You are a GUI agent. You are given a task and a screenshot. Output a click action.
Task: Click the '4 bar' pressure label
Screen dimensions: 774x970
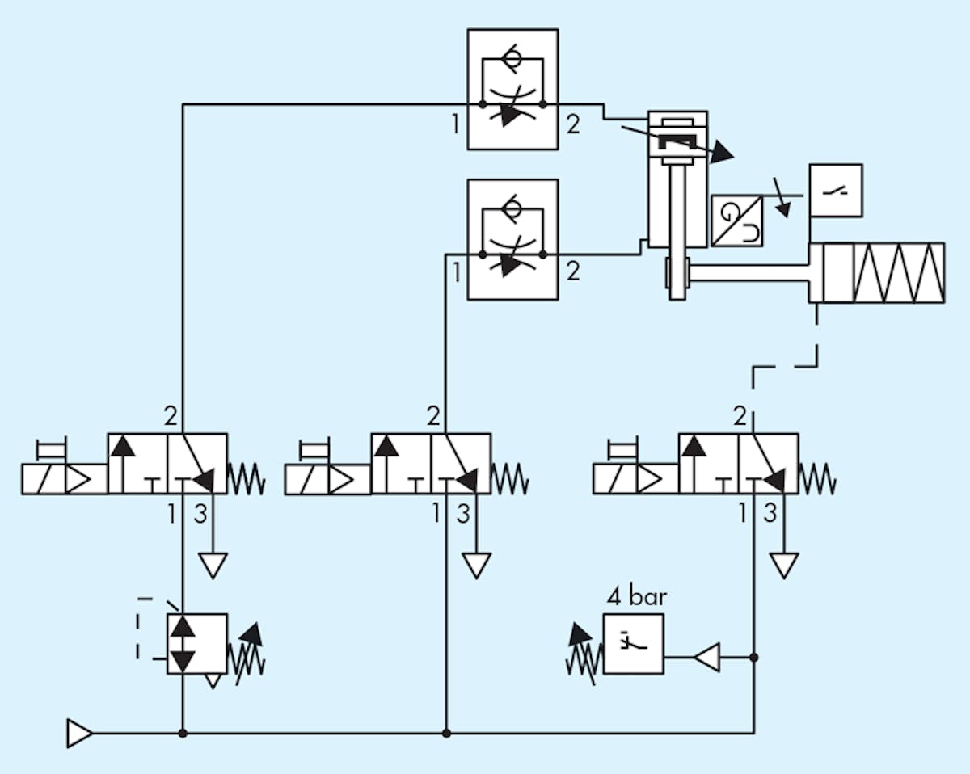click(638, 599)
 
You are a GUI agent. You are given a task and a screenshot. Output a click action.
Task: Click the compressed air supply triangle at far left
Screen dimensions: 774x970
click(79, 734)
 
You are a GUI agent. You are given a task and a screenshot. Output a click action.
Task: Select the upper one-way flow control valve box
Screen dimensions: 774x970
click(512, 90)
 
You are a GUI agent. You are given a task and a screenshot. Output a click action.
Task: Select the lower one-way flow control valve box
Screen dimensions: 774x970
click(512, 240)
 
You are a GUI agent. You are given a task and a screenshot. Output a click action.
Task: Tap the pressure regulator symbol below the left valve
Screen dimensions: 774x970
click(196, 644)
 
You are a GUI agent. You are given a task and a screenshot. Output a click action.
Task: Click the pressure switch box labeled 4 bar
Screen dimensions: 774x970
click(633, 644)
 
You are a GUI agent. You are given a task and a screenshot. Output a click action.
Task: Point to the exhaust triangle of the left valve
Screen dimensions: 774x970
click(213, 565)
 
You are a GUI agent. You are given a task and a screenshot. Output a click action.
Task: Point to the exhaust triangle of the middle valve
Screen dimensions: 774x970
click(477, 565)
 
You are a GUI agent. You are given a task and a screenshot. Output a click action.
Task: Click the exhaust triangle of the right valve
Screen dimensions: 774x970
click(784, 565)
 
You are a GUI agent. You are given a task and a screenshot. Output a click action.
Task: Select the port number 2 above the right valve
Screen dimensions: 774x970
click(740, 417)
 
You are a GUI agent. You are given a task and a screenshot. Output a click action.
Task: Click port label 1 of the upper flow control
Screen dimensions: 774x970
click(456, 124)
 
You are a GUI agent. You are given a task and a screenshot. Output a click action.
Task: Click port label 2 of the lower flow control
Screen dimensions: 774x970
click(572, 271)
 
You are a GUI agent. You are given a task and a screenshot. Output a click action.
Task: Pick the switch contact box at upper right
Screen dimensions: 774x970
click(836, 191)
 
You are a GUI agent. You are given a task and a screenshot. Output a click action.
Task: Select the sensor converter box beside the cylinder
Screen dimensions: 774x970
click(736, 221)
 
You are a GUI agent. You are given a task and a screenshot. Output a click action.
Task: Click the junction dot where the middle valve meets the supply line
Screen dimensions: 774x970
click(447, 734)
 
